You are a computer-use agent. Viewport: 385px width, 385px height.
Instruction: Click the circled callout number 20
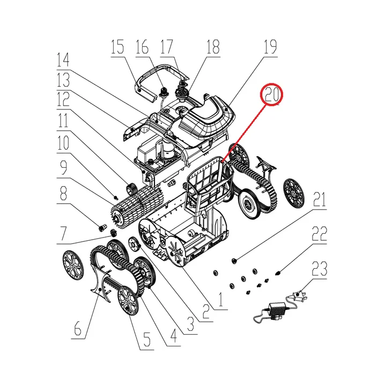[271, 94]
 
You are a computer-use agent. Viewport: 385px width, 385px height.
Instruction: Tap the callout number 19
[270, 47]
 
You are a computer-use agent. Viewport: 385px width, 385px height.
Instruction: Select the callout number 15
[117, 47]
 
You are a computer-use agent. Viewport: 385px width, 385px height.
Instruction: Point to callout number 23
[319, 269]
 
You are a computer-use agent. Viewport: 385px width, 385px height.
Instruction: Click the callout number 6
[78, 328]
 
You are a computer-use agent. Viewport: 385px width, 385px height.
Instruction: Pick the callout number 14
[63, 60]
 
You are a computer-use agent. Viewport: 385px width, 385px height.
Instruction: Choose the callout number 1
[221, 299]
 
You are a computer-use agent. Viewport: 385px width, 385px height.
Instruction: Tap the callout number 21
[319, 199]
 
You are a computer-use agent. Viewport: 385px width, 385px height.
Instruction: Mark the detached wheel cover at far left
[73, 265]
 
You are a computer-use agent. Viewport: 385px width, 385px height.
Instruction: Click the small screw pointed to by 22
[278, 272]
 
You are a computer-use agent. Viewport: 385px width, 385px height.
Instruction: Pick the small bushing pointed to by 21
[234, 261]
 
